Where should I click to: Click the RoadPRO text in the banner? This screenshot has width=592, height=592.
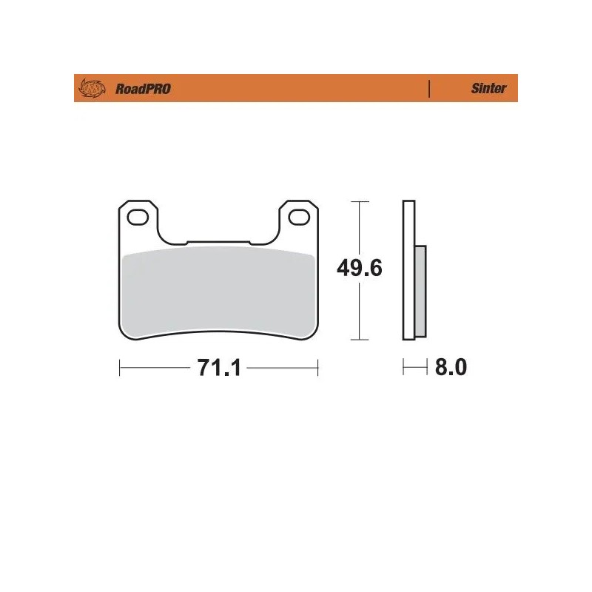click(143, 89)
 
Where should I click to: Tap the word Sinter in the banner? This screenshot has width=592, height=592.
click(488, 89)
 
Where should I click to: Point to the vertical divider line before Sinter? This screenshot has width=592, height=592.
click(430, 89)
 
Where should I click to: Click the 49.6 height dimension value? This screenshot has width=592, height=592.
click(359, 268)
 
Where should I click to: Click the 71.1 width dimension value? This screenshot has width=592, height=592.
click(219, 368)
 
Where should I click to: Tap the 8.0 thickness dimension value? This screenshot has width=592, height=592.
click(451, 368)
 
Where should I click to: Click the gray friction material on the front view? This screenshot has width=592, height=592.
click(218, 292)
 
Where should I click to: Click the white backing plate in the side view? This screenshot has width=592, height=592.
click(408, 270)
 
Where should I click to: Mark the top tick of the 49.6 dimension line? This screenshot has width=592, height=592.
click(359, 201)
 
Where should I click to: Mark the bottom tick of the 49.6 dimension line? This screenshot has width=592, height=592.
click(359, 340)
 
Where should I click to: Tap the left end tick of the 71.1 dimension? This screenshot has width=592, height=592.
click(120, 368)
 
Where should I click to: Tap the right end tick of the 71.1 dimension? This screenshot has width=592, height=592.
click(317, 368)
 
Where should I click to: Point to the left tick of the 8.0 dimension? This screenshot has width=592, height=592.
click(403, 368)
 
